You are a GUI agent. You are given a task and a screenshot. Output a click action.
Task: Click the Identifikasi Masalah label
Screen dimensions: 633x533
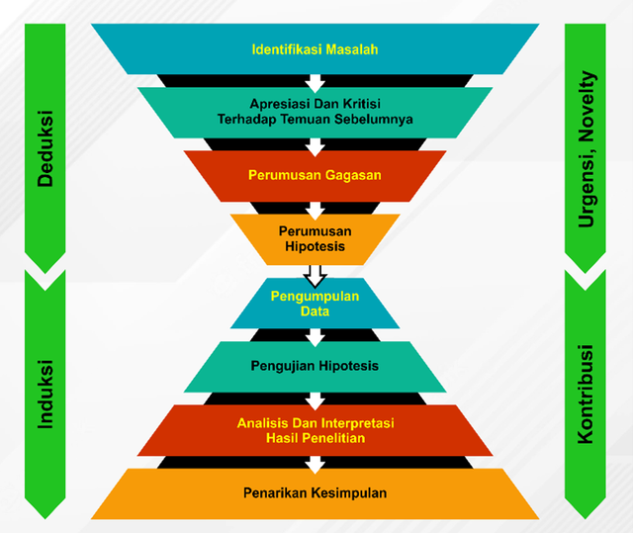point(315,49)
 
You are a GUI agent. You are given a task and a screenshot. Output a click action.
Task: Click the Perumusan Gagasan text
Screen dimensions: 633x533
point(315,175)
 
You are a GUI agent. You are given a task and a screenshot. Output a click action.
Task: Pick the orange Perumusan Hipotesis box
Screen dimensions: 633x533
point(315,239)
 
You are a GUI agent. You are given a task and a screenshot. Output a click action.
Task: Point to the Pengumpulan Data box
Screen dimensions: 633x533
point(315,303)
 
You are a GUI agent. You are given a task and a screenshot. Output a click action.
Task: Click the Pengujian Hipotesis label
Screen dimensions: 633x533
point(315,366)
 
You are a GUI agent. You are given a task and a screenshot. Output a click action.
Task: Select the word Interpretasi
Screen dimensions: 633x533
point(358,423)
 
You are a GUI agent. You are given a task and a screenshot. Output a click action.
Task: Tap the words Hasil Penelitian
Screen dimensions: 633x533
point(316,438)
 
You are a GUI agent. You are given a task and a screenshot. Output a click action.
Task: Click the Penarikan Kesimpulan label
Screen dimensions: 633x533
point(315,492)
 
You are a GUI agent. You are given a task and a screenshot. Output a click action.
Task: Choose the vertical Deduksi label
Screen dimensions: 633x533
point(45,148)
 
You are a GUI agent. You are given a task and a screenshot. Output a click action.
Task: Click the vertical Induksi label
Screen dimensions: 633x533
point(45,395)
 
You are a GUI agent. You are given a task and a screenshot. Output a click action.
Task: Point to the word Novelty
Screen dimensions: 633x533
point(587,107)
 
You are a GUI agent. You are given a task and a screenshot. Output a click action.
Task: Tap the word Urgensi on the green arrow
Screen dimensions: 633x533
point(587,191)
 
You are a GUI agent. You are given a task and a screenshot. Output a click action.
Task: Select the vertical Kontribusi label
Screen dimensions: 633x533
point(586,395)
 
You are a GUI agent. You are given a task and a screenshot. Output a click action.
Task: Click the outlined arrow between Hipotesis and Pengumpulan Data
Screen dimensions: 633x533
point(315,276)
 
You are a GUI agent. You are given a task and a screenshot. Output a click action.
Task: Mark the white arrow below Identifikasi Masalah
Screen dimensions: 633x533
point(315,83)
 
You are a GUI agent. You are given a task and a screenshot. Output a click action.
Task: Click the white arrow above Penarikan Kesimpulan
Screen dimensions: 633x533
point(315,465)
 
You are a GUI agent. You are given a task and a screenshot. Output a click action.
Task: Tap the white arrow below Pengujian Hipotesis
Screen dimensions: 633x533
point(315,401)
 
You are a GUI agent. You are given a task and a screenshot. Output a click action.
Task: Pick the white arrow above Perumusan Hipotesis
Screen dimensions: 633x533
point(315,211)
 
